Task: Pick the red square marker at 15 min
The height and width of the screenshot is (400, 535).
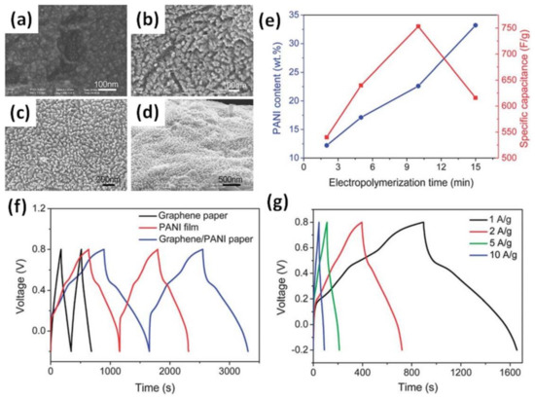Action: [476, 98]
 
